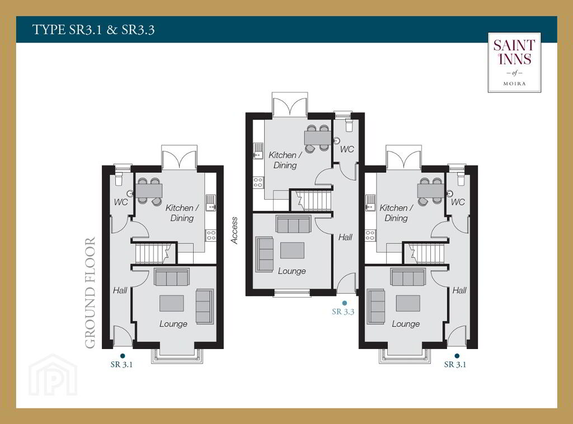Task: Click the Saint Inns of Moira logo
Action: coord(514,63)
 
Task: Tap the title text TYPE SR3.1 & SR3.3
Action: coord(93,30)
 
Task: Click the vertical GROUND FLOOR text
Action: coord(90,293)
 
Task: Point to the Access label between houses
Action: coord(234,230)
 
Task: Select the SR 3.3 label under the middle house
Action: coord(343,312)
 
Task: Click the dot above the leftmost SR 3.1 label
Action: coord(123,356)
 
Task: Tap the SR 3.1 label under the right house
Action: coord(455,365)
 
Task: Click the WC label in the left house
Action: coord(121,202)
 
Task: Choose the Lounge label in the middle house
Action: coord(292,271)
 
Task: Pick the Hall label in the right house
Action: coord(459,290)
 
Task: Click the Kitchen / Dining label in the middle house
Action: coord(285,160)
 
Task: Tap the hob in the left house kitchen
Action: coord(211,235)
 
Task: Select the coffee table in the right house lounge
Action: coord(408,303)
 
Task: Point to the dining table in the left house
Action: coord(149,190)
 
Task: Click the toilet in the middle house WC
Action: coord(348,124)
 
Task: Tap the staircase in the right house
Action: coord(426,253)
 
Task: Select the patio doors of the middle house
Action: coord(290,105)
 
